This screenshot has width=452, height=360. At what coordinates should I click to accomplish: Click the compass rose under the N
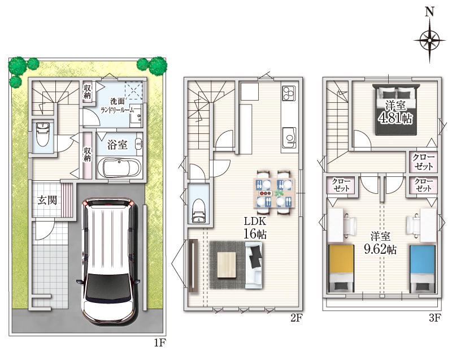429,40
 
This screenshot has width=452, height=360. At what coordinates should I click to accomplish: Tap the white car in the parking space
108,261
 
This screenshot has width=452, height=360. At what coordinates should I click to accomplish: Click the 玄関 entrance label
47,199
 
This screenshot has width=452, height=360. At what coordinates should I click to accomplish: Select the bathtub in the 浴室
119,167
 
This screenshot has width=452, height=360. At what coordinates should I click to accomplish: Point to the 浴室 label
118,145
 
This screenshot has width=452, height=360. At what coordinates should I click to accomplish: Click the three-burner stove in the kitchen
289,92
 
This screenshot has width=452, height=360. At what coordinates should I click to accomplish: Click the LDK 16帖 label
255,228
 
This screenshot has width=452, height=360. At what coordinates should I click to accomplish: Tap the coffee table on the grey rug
227,265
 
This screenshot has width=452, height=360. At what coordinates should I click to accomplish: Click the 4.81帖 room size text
396,118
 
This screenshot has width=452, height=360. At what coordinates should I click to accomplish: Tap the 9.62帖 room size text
380,249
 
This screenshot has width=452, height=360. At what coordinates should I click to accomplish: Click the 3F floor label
435,318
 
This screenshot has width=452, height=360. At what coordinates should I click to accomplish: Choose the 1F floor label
160,342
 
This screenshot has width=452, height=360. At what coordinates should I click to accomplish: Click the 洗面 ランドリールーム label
118,106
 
